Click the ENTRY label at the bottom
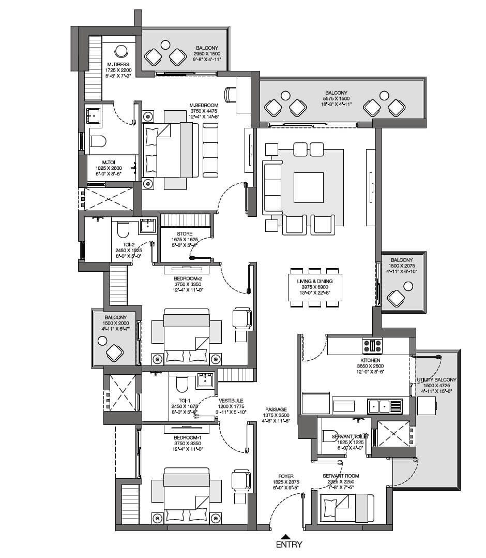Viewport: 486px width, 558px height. tap(288, 545)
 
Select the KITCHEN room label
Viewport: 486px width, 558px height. tap(370, 360)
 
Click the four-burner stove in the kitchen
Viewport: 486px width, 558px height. tap(372, 345)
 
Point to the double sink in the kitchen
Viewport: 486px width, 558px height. tap(384, 406)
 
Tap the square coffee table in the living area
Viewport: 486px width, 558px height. tap(308, 187)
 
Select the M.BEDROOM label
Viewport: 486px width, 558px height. tap(203, 105)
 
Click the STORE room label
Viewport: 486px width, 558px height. tap(185, 234)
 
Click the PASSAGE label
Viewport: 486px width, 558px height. tap(277, 409)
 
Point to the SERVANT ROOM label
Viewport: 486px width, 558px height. tap(341, 476)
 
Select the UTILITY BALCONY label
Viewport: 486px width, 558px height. tap(437, 380)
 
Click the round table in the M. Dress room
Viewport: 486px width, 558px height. tap(121, 51)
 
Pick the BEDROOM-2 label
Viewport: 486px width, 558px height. tap(187, 278)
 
